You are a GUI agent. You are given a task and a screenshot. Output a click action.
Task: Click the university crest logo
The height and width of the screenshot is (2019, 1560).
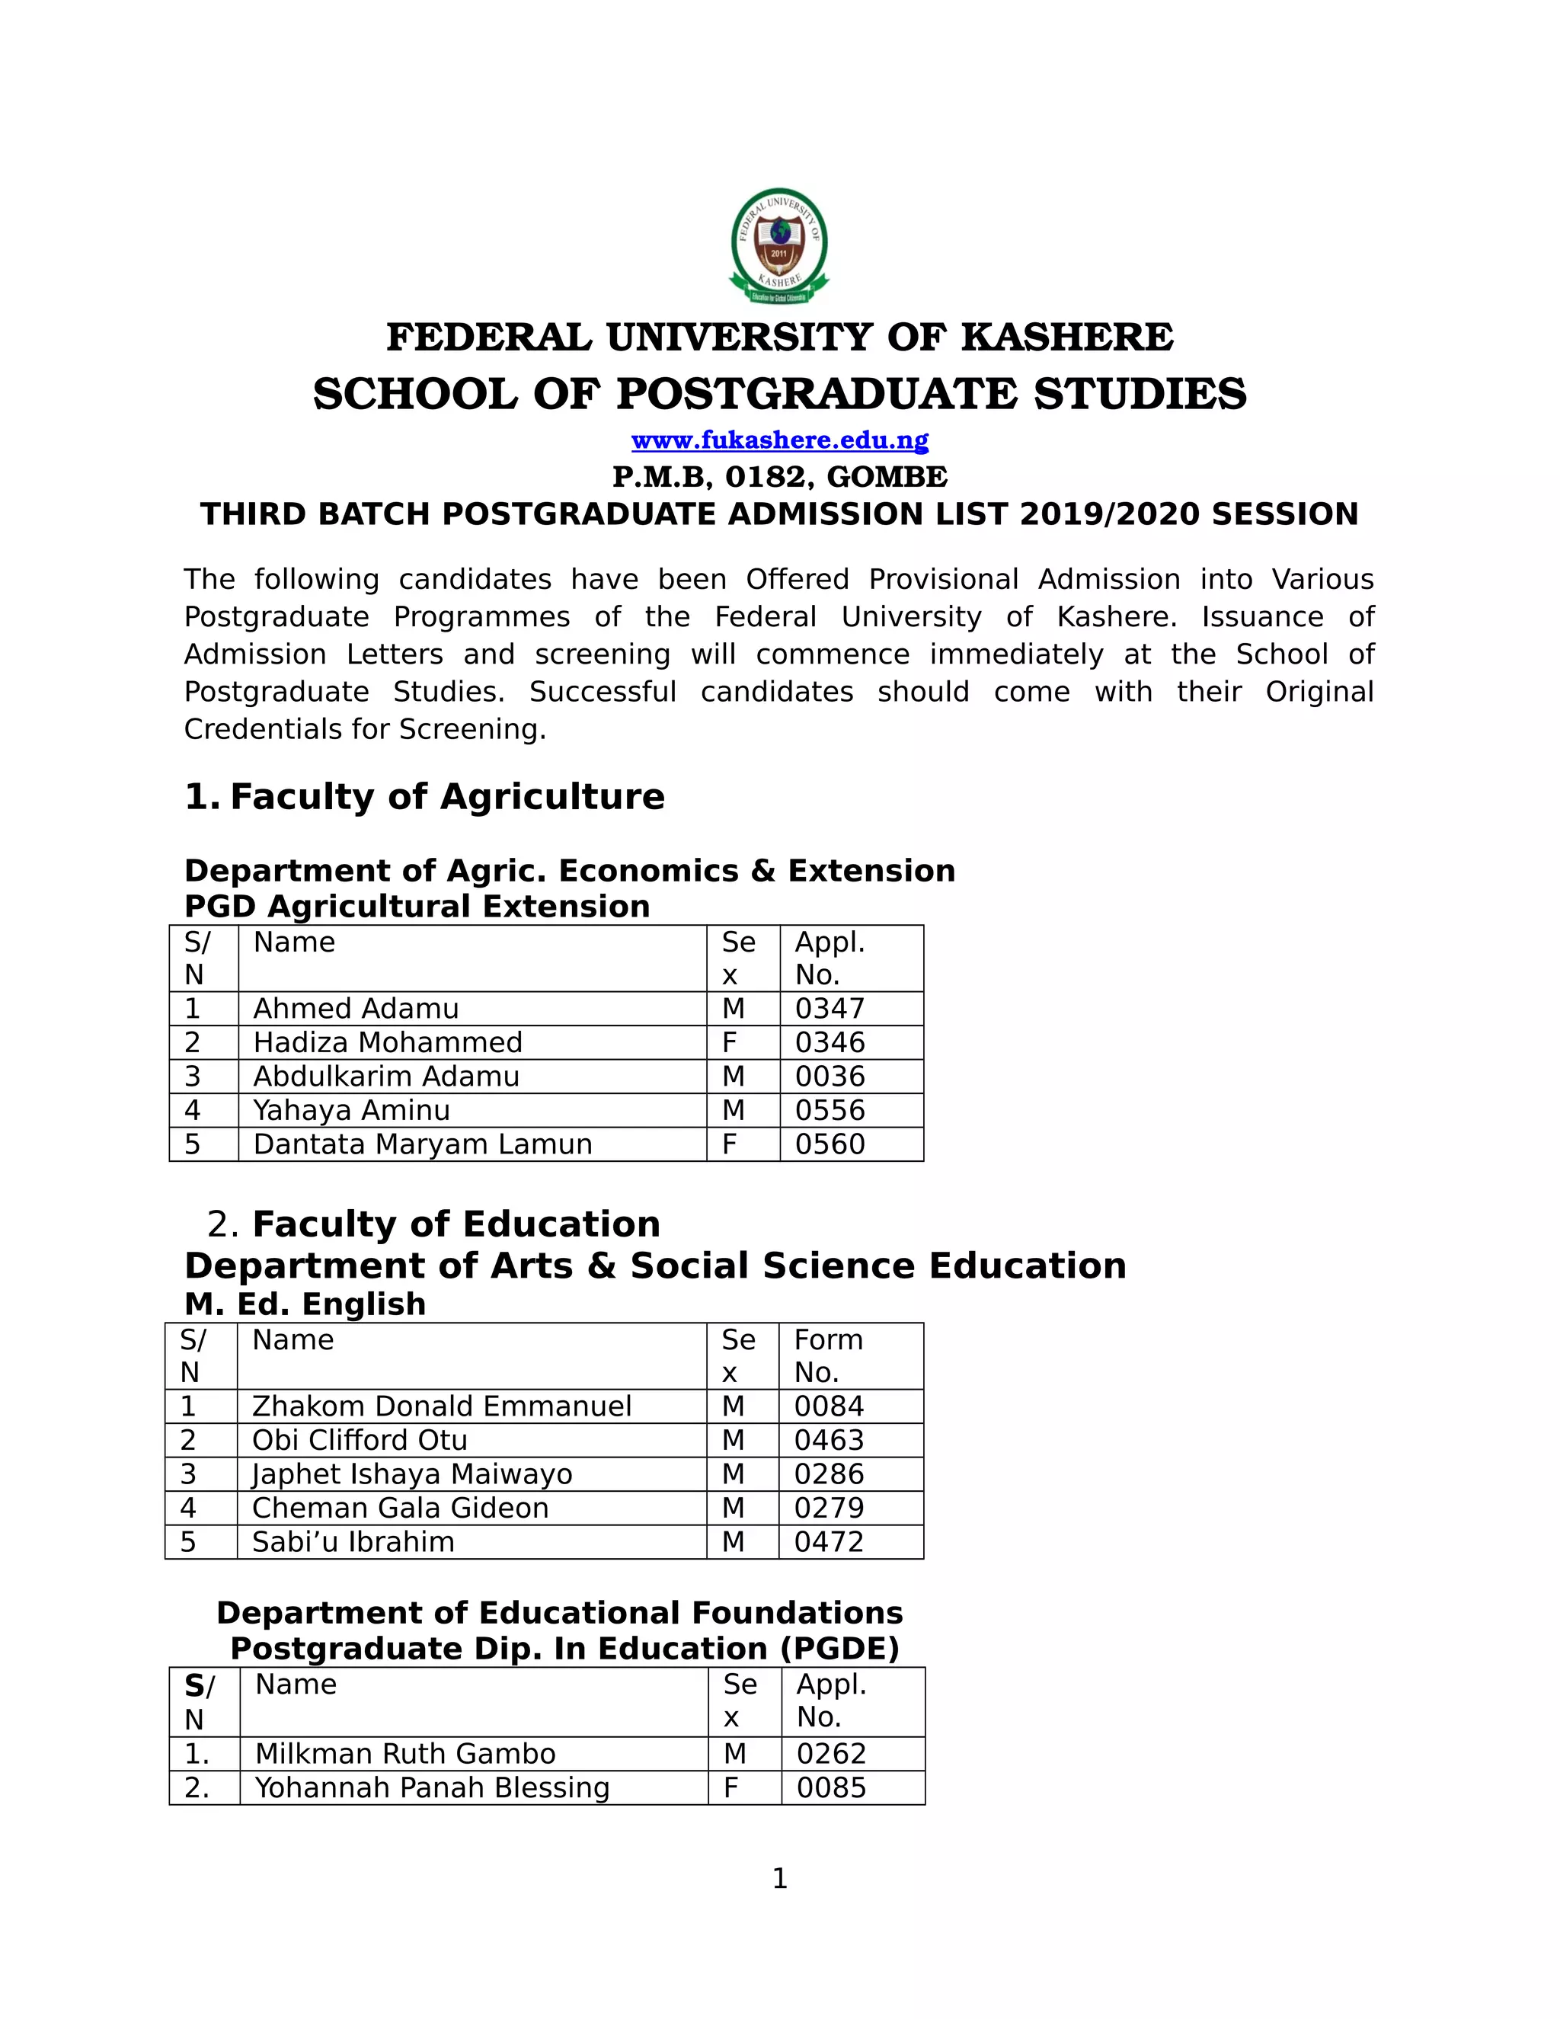[779, 246]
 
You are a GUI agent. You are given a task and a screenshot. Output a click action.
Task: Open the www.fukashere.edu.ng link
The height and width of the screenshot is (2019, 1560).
[779, 440]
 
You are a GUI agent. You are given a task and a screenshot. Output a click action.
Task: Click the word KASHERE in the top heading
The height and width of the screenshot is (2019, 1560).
[1066, 338]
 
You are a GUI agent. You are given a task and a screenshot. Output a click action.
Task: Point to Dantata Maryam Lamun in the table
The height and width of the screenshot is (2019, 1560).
[422, 1144]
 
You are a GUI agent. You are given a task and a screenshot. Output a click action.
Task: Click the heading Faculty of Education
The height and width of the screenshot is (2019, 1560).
[456, 1224]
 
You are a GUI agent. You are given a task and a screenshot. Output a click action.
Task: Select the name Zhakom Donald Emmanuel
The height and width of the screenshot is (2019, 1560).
[441, 1406]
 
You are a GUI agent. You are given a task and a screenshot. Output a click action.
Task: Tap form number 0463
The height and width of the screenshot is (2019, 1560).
[828, 1440]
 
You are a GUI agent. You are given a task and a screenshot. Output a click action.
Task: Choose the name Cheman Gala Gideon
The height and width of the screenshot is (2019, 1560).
[399, 1508]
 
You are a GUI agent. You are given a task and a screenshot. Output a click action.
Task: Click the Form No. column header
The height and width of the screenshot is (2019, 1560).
[827, 1355]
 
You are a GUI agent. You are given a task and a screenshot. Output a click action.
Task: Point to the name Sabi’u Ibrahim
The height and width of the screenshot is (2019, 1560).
[352, 1542]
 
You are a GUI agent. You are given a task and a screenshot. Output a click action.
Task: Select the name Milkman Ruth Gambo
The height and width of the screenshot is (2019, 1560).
[404, 1754]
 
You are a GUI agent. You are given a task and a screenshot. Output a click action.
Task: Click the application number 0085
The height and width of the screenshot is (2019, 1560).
[831, 1788]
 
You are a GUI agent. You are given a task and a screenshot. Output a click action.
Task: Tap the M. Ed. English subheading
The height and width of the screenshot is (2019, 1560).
[305, 1304]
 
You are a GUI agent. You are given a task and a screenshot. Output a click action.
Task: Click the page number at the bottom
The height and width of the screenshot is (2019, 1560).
[779, 1879]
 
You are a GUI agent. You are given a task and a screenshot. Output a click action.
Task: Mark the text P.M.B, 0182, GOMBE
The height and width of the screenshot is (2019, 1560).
[779, 477]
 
